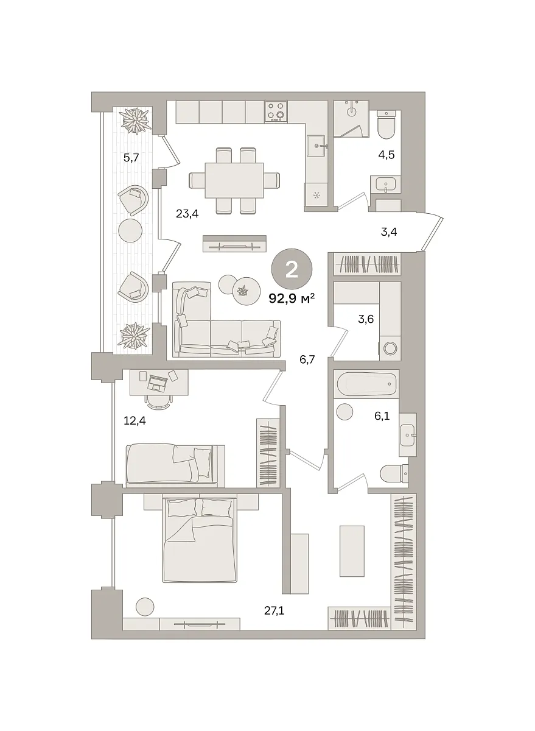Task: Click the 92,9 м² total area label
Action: (292, 298)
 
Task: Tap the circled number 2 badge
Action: (292, 269)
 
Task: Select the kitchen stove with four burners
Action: (276, 111)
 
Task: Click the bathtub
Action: (367, 384)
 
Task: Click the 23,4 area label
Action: (187, 214)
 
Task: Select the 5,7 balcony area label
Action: (131, 158)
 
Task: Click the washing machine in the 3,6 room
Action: (390, 349)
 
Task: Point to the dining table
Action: (234, 180)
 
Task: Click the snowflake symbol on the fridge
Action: (316, 196)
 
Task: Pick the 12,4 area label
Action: (135, 421)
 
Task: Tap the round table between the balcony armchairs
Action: (130, 230)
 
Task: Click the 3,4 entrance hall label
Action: (389, 232)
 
